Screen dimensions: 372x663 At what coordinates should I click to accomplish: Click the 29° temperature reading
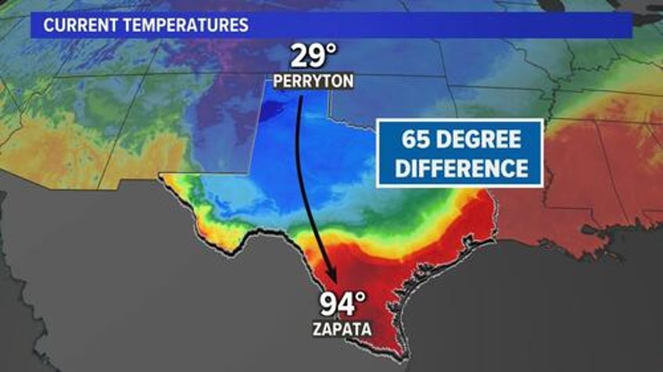[314, 57]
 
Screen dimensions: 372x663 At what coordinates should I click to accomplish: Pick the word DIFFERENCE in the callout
[459, 168]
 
